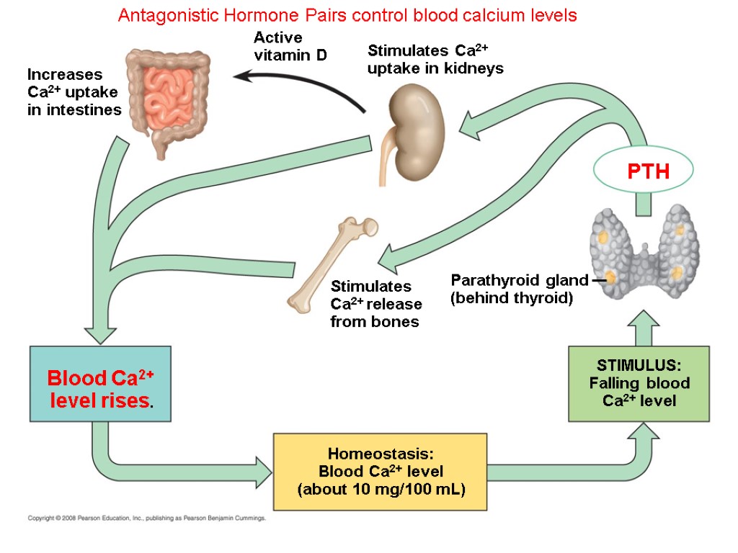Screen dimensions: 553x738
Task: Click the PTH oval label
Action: coord(643,171)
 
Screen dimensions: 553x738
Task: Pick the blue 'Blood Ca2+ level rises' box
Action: coord(100,390)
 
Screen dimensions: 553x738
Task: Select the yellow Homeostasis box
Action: coord(381,471)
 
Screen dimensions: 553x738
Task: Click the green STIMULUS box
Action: coord(639,383)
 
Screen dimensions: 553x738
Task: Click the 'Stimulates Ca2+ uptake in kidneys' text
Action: coord(435,60)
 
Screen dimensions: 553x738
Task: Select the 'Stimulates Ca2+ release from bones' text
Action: coord(375,304)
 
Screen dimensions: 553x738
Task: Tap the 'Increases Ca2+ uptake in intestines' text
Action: coord(74,92)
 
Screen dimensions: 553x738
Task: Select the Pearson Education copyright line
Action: coord(147,518)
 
